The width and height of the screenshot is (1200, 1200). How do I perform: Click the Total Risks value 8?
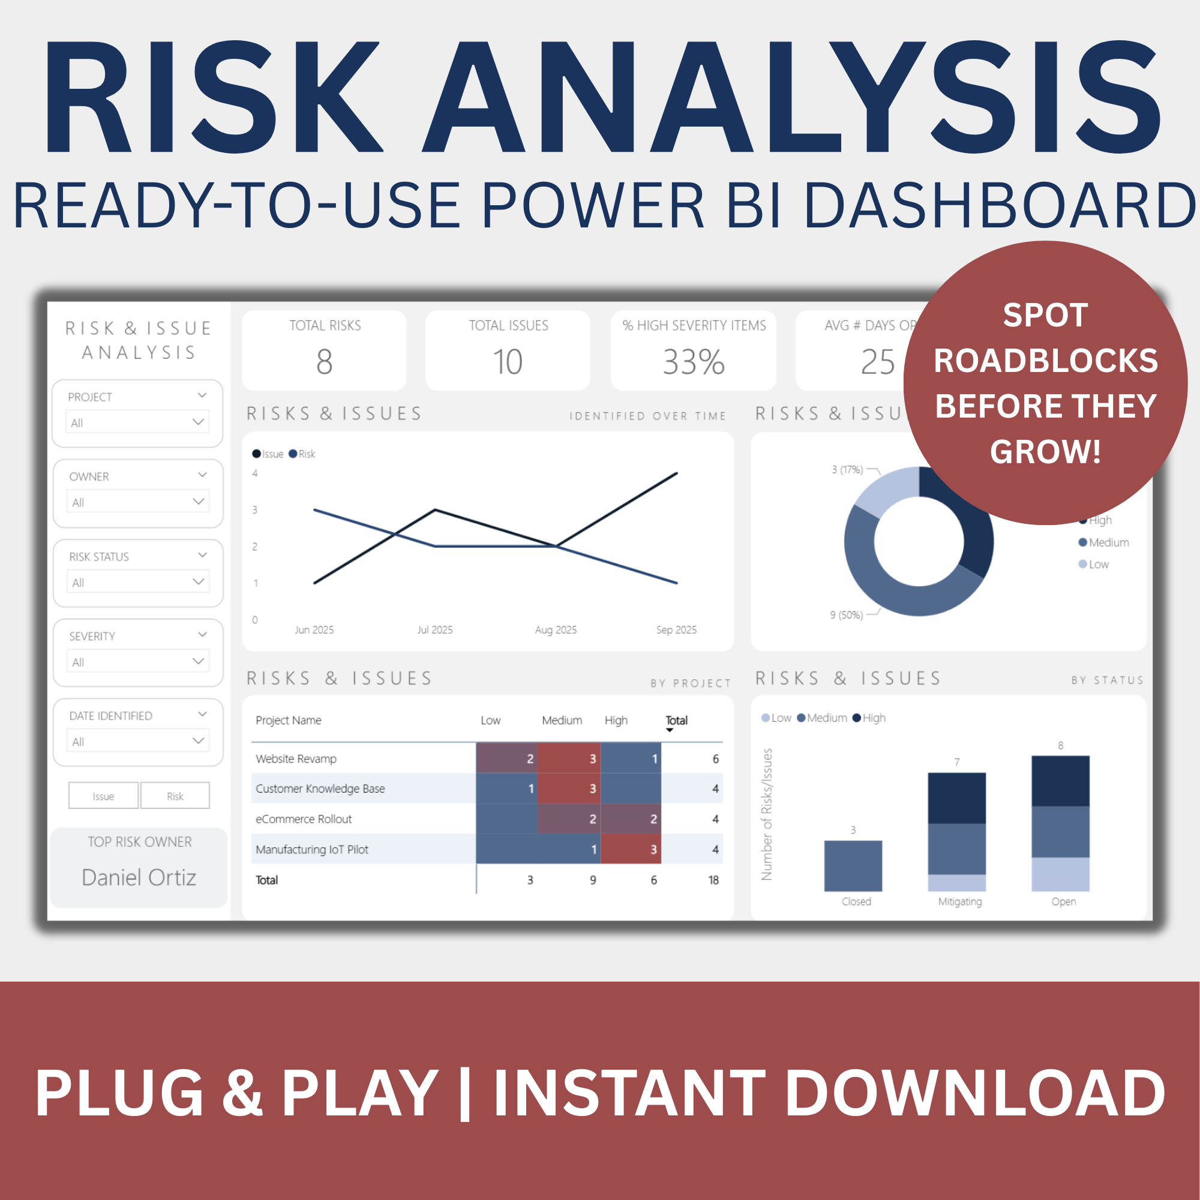click(324, 362)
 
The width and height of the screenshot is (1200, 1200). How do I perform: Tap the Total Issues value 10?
click(508, 362)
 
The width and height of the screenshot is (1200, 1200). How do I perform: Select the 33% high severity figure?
click(693, 362)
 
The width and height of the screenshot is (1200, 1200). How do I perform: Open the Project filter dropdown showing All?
click(137, 422)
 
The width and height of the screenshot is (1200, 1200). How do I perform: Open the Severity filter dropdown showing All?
click(137, 661)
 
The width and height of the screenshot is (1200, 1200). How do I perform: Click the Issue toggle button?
click(103, 796)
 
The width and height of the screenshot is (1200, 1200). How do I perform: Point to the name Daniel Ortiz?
click(139, 877)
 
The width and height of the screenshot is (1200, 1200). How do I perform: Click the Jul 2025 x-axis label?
click(435, 630)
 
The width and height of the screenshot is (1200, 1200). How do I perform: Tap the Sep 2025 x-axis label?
click(676, 630)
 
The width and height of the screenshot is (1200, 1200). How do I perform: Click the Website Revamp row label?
click(296, 758)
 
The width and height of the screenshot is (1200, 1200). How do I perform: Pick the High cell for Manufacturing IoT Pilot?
click(631, 849)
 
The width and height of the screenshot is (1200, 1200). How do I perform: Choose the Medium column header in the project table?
click(562, 721)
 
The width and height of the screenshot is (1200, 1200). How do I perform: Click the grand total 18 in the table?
click(713, 880)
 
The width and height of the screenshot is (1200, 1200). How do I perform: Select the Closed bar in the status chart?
click(853, 866)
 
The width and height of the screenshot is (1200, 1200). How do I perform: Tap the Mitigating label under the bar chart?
click(959, 901)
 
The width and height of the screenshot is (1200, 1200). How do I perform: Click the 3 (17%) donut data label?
click(847, 470)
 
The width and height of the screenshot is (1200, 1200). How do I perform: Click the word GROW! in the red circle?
click(1045, 452)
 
